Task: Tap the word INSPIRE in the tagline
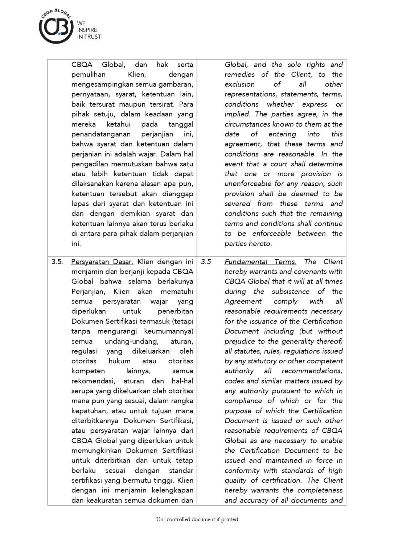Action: tap(87, 30)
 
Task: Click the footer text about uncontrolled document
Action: tap(197, 519)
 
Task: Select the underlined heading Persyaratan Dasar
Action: tap(102, 261)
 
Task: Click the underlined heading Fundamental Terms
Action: tap(260, 261)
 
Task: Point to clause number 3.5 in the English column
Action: tap(206, 261)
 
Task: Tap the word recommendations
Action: tap(312, 371)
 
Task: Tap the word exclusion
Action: tap(239, 84)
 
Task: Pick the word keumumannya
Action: tap(169, 331)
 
